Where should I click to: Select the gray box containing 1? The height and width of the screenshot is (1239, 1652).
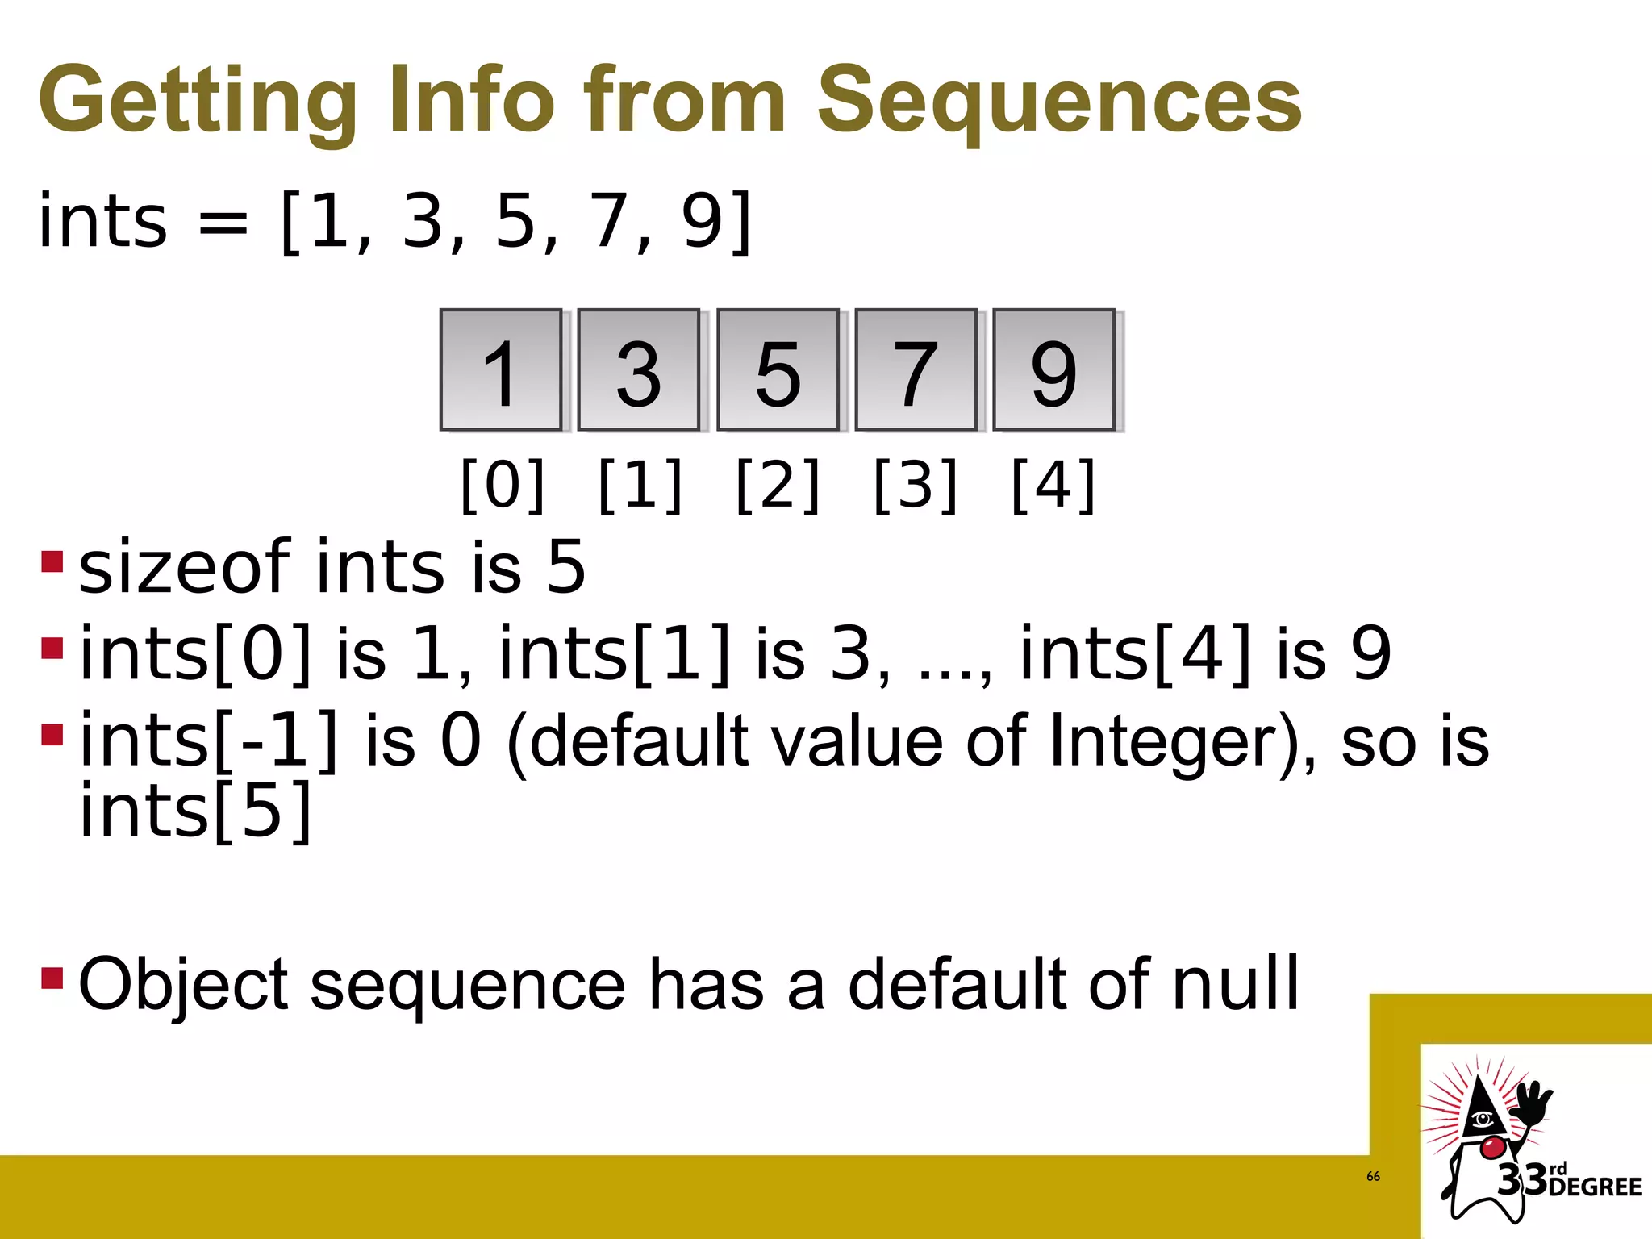501,370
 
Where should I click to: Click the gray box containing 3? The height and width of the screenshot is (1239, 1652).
639,370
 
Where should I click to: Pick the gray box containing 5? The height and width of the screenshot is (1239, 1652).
778,370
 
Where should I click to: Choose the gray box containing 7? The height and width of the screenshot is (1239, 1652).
916,370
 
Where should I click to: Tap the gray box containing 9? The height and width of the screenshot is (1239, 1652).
1053,370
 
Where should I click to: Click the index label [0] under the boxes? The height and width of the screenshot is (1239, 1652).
503,485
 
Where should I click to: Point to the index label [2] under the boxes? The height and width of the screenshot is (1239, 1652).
778,485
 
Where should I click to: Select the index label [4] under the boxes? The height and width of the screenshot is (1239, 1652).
1053,485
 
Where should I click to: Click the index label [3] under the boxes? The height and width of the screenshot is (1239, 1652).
916,485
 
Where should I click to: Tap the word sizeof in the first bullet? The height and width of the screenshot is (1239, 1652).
185,567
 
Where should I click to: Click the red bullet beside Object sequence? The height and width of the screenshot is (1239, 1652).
52,978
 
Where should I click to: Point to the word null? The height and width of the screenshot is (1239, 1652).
1235,983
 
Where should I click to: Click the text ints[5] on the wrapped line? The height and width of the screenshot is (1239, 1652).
196,811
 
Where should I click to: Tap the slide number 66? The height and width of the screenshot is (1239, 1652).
1373,1177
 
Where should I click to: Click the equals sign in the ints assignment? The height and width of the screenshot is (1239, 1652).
223,223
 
